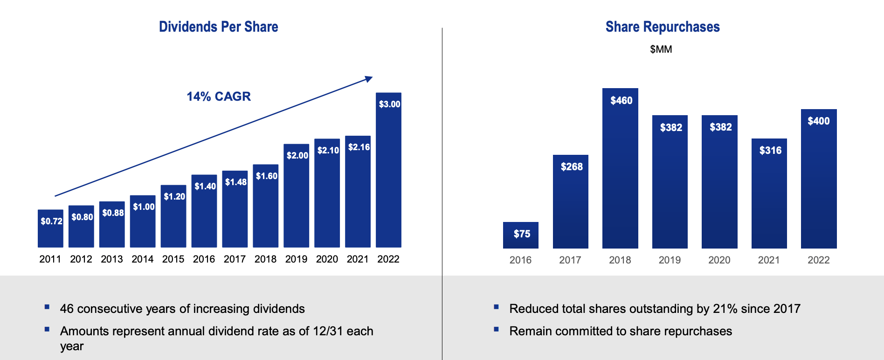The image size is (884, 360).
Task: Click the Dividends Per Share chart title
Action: point(218,27)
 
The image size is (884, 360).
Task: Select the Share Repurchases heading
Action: point(662,27)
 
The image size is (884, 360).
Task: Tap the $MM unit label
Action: point(661,49)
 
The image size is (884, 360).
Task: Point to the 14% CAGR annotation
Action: point(219,97)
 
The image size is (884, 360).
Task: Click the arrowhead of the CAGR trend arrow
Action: point(369,79)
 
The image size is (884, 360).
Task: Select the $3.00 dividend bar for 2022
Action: point(388,177)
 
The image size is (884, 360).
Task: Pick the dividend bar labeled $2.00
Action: point(297,201)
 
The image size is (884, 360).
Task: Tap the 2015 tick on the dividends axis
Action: point(173,259)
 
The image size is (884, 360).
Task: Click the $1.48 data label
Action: point(235,182)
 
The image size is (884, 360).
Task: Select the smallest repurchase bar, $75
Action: point(521,235)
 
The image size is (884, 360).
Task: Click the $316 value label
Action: point(770,150)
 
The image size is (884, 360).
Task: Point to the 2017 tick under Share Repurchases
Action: point(570,260)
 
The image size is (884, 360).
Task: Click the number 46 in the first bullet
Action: point(67,309)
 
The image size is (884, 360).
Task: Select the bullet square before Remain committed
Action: point(497,329)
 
